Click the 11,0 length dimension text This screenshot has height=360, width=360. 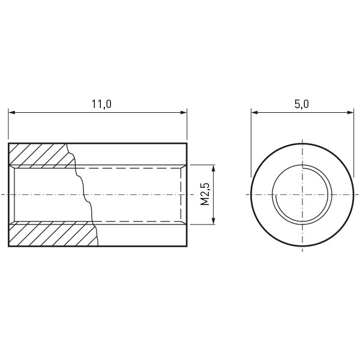pyautogui.click(x=102, y=104)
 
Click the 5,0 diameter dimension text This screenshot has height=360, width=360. pyautogui.click(x=302, y=104)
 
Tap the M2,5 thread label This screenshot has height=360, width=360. pyautogui.click(x=205, y=194)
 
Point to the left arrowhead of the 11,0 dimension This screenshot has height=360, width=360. pyautogui.click(x=12, y=113)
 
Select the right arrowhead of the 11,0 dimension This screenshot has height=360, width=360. pyautogui.click(x=184, y=113)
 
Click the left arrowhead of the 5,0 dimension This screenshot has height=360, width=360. pyautogui.click(x=254, y=113)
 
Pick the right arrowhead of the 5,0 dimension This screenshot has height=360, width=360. pyautogui.click(x=350, y=113)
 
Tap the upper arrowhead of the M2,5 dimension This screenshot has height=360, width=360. pyautogui.click(x=214, y=168)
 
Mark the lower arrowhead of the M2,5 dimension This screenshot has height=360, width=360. pyautogui.click(x=214, y=221)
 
